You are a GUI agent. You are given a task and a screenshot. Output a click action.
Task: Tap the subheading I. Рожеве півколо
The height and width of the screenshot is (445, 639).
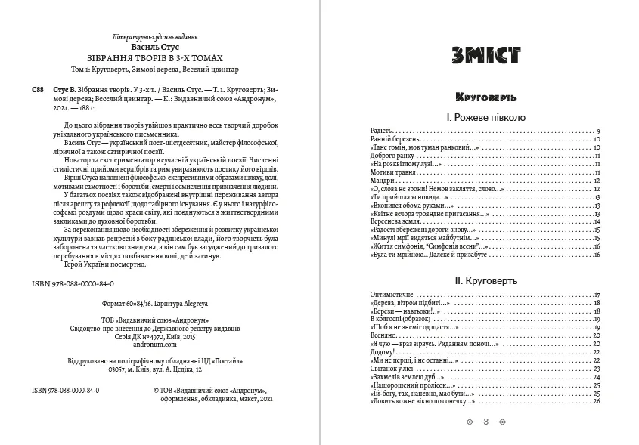pos(485,118)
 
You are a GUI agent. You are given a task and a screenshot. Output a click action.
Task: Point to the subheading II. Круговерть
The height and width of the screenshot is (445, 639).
pos(485,280)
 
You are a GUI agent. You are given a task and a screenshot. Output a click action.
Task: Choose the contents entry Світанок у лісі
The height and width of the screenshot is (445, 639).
pos(393,368)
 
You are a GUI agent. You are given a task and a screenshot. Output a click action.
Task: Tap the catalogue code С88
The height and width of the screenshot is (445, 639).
pos(38,89)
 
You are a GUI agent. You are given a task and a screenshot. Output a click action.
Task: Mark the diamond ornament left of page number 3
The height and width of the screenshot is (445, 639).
pos(470,422)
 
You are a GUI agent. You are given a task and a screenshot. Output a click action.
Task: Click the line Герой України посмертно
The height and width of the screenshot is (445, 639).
pos(107,266)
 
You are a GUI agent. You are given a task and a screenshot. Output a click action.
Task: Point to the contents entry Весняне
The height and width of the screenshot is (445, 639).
pos(383,335)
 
